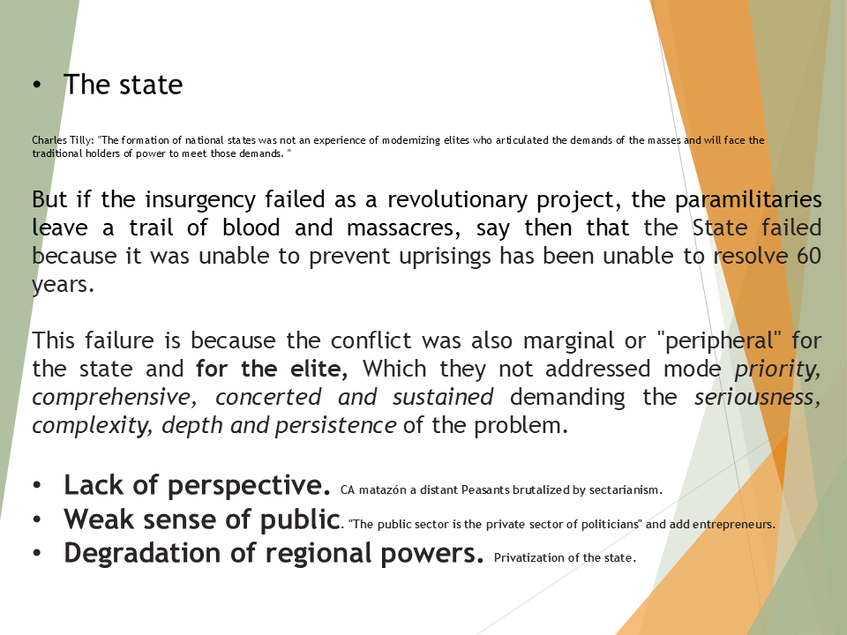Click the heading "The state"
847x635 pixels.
point(123,85)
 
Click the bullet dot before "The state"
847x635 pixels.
point(36,86)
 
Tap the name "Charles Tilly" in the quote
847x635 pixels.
point(63,140)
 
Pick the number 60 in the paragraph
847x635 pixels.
point(808,257)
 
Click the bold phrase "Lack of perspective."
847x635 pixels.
point(197,485)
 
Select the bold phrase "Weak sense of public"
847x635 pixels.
point(202,519)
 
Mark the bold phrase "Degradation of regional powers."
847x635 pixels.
point(274,553)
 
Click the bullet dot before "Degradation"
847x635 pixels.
point(36,554)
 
